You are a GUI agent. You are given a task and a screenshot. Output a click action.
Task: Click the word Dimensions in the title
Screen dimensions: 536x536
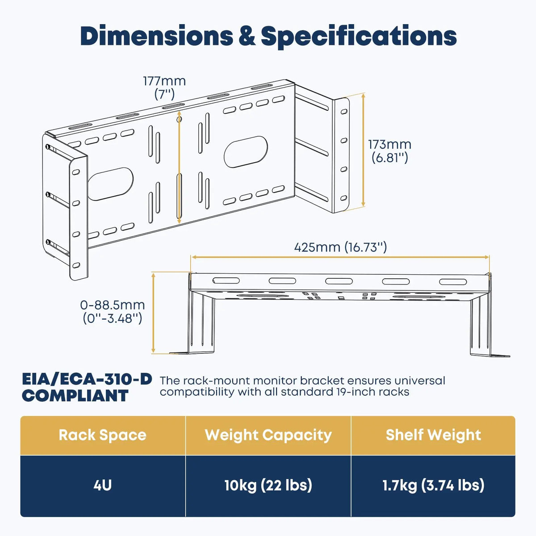tap(156, 36)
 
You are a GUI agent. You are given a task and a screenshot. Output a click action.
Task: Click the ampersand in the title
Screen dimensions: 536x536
tap(247, 36)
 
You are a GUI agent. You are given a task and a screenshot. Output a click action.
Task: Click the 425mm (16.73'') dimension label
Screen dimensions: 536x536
tap(340, 247)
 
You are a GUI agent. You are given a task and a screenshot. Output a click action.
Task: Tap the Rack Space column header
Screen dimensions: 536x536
tap(103, 435)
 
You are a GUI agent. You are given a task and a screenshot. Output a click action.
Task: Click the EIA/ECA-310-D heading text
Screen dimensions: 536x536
tap(87, 380)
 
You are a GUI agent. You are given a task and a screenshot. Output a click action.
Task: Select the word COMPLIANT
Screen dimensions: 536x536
tap(75, 396)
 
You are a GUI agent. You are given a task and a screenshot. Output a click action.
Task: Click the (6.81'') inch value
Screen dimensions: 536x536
tap(389, 158)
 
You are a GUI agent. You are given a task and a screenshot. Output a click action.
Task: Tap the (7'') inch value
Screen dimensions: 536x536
tap(164, 94)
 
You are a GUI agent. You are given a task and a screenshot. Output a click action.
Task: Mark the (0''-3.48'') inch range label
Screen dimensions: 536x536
tap(113, 318)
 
